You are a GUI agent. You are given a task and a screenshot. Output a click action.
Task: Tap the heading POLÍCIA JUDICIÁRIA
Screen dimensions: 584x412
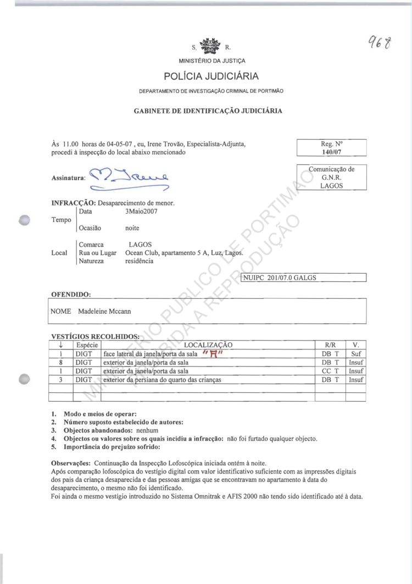pos(211,76)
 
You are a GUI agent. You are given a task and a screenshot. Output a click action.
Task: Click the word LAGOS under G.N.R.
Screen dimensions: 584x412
pos(331,186)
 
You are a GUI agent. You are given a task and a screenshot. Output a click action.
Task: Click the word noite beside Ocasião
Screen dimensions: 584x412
pos(132,227)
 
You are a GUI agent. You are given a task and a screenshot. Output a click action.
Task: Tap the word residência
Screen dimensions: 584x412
pos(139,261)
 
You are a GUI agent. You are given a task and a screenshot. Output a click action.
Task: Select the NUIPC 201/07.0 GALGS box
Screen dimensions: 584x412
pos(304,277)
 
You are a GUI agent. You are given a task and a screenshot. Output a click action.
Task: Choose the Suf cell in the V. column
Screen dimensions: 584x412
pos(356,354)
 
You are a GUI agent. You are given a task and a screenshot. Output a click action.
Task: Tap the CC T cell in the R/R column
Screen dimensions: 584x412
pos(331,371)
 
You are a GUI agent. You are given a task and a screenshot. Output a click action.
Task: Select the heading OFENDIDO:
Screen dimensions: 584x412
pos(71,295)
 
